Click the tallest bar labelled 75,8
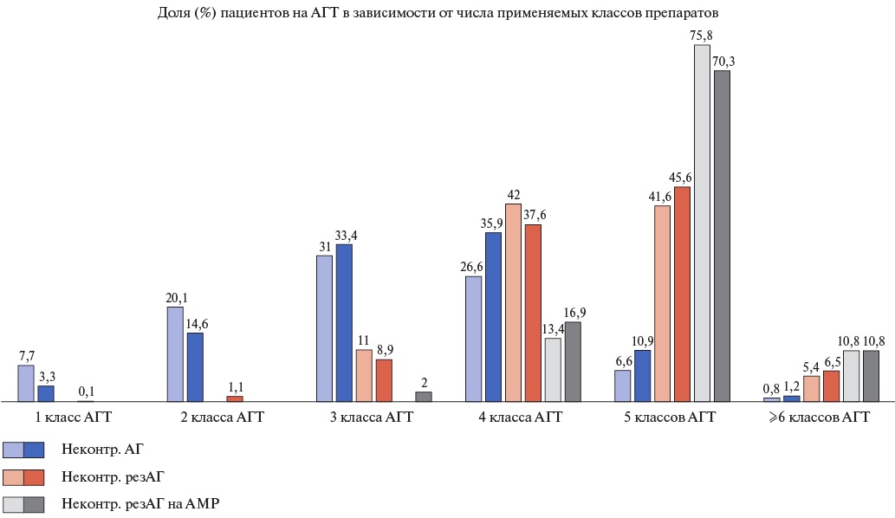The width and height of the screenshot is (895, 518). (x=702, y=223)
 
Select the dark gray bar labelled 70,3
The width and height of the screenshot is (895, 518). (x=722, y=236)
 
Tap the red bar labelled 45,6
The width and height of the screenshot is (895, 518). (x=682, y=295)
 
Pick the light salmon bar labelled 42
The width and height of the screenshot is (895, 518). (x=513, y=303)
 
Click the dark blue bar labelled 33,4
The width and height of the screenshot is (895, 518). (x=344, y=323)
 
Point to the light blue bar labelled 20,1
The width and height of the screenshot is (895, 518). (x=175, y=354)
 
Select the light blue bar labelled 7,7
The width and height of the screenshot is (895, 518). (x=26, y=384)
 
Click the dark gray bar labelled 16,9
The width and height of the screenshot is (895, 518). (x=573, y=362)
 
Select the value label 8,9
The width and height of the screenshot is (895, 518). (x=384, y=351)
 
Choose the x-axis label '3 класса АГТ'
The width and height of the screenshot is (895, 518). (x=373, y=418)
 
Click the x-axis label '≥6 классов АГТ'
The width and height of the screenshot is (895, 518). (x=820, y=418)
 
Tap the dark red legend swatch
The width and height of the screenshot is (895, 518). (x=34, y=477)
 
